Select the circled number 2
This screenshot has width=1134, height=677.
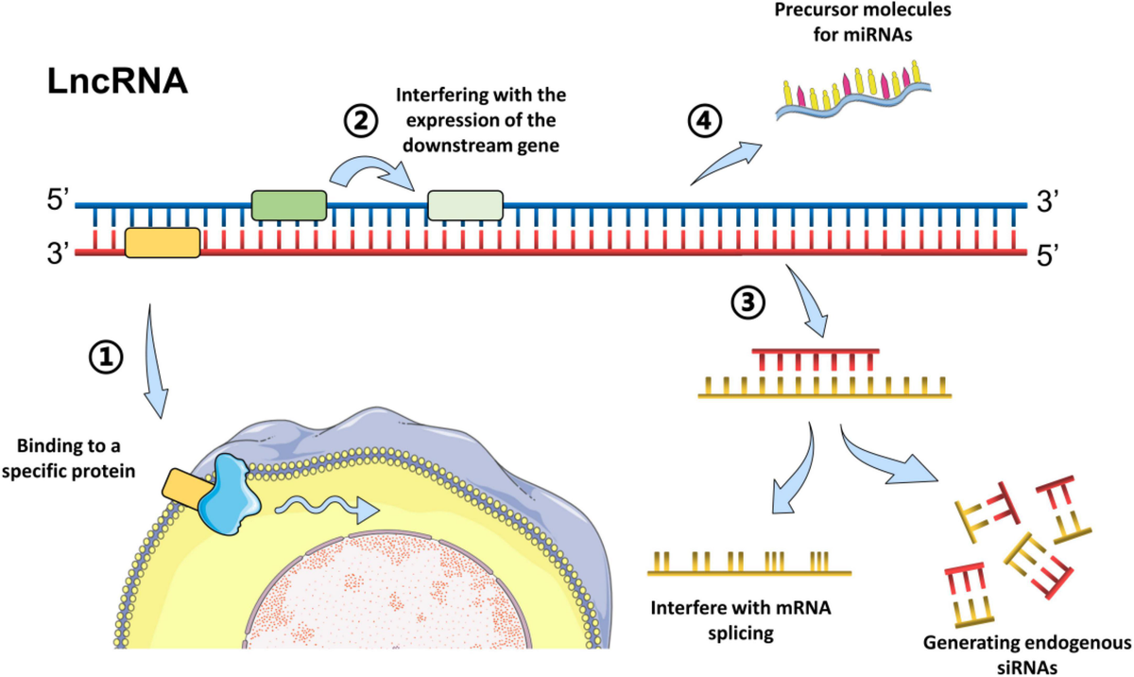pyautogui.click(x=359, y=121)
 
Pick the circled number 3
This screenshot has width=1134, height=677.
pyautogui.click(x=746, y=303)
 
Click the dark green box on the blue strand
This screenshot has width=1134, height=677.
pyautogui.click(x=288, y=204)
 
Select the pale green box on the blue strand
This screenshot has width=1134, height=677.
pyautogui.click(x=465, y=204)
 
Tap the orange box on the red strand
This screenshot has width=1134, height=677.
pyautogui.click(x=162, y=242)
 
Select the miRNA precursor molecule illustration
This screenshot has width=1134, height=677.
pyautogui.click(x=850, y=90)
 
